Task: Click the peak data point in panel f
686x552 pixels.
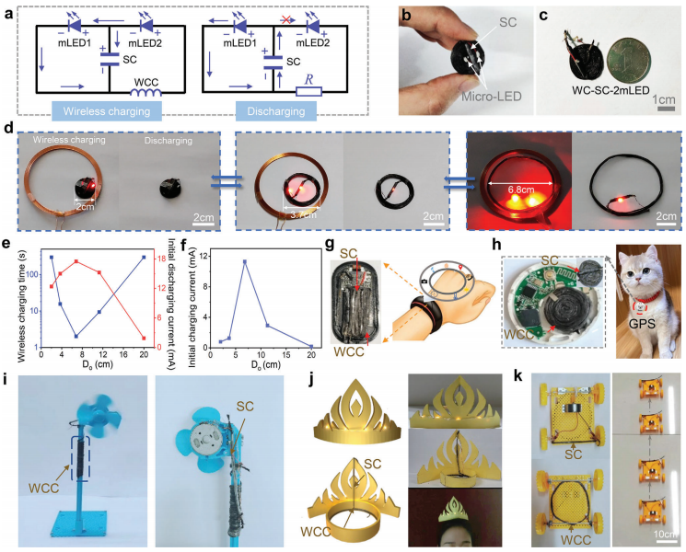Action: click(244, 261)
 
